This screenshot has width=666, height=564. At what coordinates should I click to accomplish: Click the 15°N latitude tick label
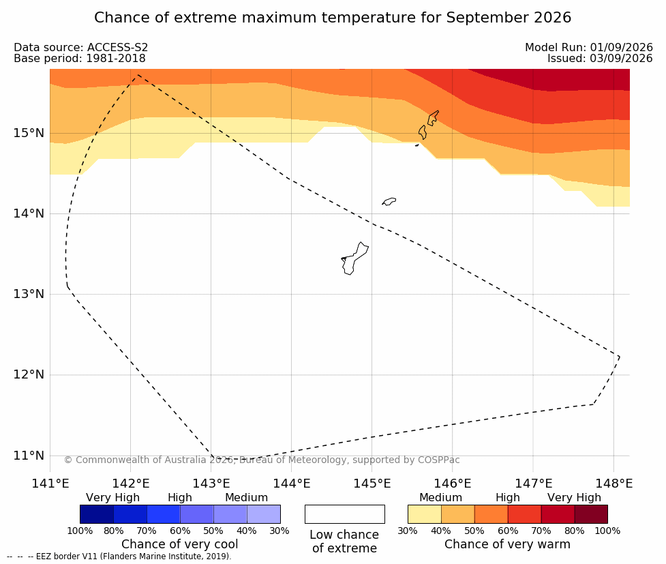[29, 133]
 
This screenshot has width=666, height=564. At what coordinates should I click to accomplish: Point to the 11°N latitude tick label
[29, 456]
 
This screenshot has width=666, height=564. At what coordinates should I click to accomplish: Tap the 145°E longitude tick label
[372, 484]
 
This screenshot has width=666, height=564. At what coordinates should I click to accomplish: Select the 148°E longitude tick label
[614, 484]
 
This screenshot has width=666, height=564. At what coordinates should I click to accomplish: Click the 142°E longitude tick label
[131, 484]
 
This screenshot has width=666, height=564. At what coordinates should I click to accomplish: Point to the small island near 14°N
[389, 201]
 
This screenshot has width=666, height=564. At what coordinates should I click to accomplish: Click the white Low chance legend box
[345, 514]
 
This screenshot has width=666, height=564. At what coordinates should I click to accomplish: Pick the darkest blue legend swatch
[97, 514]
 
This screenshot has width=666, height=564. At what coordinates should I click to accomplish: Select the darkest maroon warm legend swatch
[591, 514]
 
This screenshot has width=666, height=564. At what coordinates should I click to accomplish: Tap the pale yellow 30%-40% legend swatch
[424, 514]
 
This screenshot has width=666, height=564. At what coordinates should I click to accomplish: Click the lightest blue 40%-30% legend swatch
[264, 514]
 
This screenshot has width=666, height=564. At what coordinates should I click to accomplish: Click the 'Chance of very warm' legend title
[507, 544]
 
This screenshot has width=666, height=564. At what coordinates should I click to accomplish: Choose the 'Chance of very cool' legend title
[180, 544]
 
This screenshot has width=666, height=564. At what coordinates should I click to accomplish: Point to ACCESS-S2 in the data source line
[118, 47]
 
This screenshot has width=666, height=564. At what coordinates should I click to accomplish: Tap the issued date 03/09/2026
[621, 58]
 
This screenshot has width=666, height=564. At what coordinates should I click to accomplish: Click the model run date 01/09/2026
[621, 47]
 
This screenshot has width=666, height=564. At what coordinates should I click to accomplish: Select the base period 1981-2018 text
[116, 58]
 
